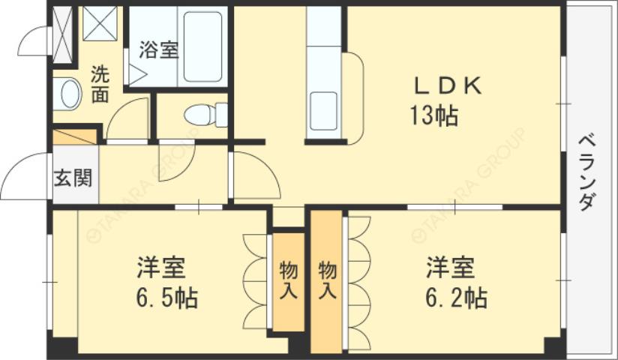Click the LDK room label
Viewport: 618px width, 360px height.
coord(446,86)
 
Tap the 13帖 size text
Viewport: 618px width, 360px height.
coord(434,116)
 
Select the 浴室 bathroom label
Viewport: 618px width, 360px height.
coord(158,51)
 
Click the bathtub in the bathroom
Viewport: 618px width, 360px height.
coord(203,46)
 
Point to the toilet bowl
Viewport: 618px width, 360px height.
coord(199,115)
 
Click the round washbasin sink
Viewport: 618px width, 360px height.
coord(69,94)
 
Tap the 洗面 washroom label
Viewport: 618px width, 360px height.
coord(100,84)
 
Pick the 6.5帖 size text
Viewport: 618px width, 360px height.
coord(166,298)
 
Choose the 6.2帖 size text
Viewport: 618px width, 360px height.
coord(457,298)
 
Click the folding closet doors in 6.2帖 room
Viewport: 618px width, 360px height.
coord(358,282)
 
